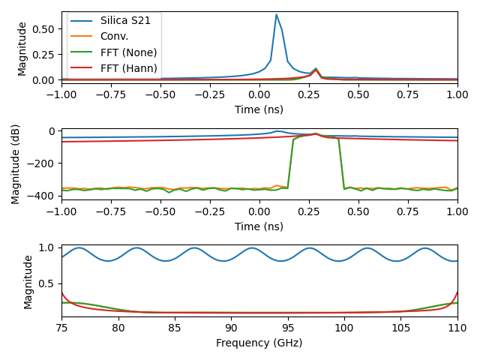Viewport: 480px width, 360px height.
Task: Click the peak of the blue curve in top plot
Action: click(x=276, y=15)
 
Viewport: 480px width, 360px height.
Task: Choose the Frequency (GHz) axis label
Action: click(x=259, y=343)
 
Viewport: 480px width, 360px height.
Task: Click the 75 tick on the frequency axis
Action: click(x=61, y=328)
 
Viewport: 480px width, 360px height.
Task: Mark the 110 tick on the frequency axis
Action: click(x=457, y=328)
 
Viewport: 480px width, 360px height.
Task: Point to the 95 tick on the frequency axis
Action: click(x=288, y=328)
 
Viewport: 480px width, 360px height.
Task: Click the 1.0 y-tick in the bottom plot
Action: click(x=47, y=247)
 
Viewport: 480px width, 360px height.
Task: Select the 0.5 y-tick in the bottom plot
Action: click(x=47, y=283)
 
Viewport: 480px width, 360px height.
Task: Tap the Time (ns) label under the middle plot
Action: click(x=259, y=226)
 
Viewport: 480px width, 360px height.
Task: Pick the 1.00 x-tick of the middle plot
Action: click(x=457, y=211)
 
